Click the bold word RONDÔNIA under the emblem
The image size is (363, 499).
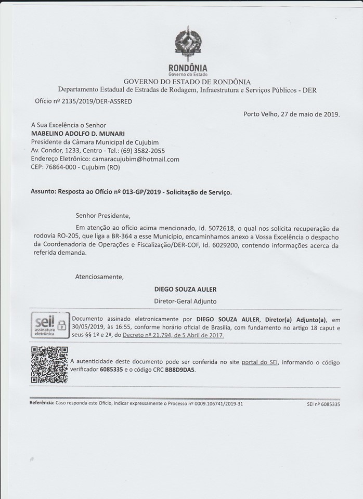(188, 68)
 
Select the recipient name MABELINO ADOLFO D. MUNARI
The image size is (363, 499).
(75, 134)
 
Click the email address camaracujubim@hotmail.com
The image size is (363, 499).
(135, 159)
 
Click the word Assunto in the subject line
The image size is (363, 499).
(44, 192)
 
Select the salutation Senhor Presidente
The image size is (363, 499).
(103, 215)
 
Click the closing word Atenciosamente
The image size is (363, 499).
(100, 277)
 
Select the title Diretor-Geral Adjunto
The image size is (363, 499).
(185, 301)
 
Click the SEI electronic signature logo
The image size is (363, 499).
(50, 326)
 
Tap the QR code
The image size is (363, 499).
(49, 365)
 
